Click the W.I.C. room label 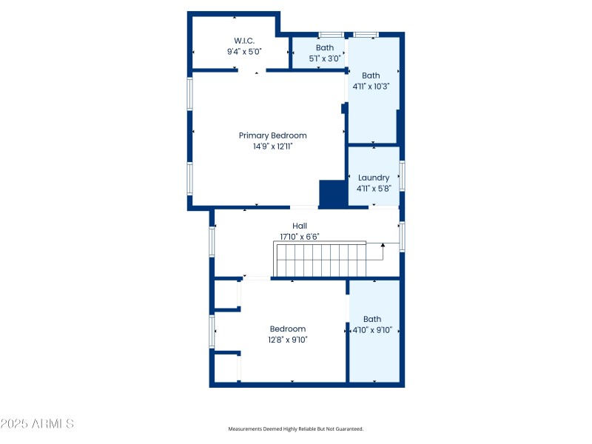tap(244, 41)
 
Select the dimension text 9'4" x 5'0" tap(244, 52)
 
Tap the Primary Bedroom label tap(272, 135)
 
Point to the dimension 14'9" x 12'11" tap(272, 147)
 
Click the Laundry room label tap(373, 178)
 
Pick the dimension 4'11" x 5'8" tap(373, 189)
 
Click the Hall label tap(299, 226)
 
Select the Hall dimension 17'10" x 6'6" tap(299, 237)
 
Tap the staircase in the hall tap(321, 260)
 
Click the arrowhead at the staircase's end tap(383, 244)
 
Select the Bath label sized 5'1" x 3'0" tap(324, 47)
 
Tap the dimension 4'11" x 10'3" tap(371, 86)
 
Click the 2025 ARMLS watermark tap(37, 424)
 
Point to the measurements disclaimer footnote tap(295, 428)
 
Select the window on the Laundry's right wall tap(402, 176)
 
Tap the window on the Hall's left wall tap(212, 241)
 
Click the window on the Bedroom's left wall tap(212, 332)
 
